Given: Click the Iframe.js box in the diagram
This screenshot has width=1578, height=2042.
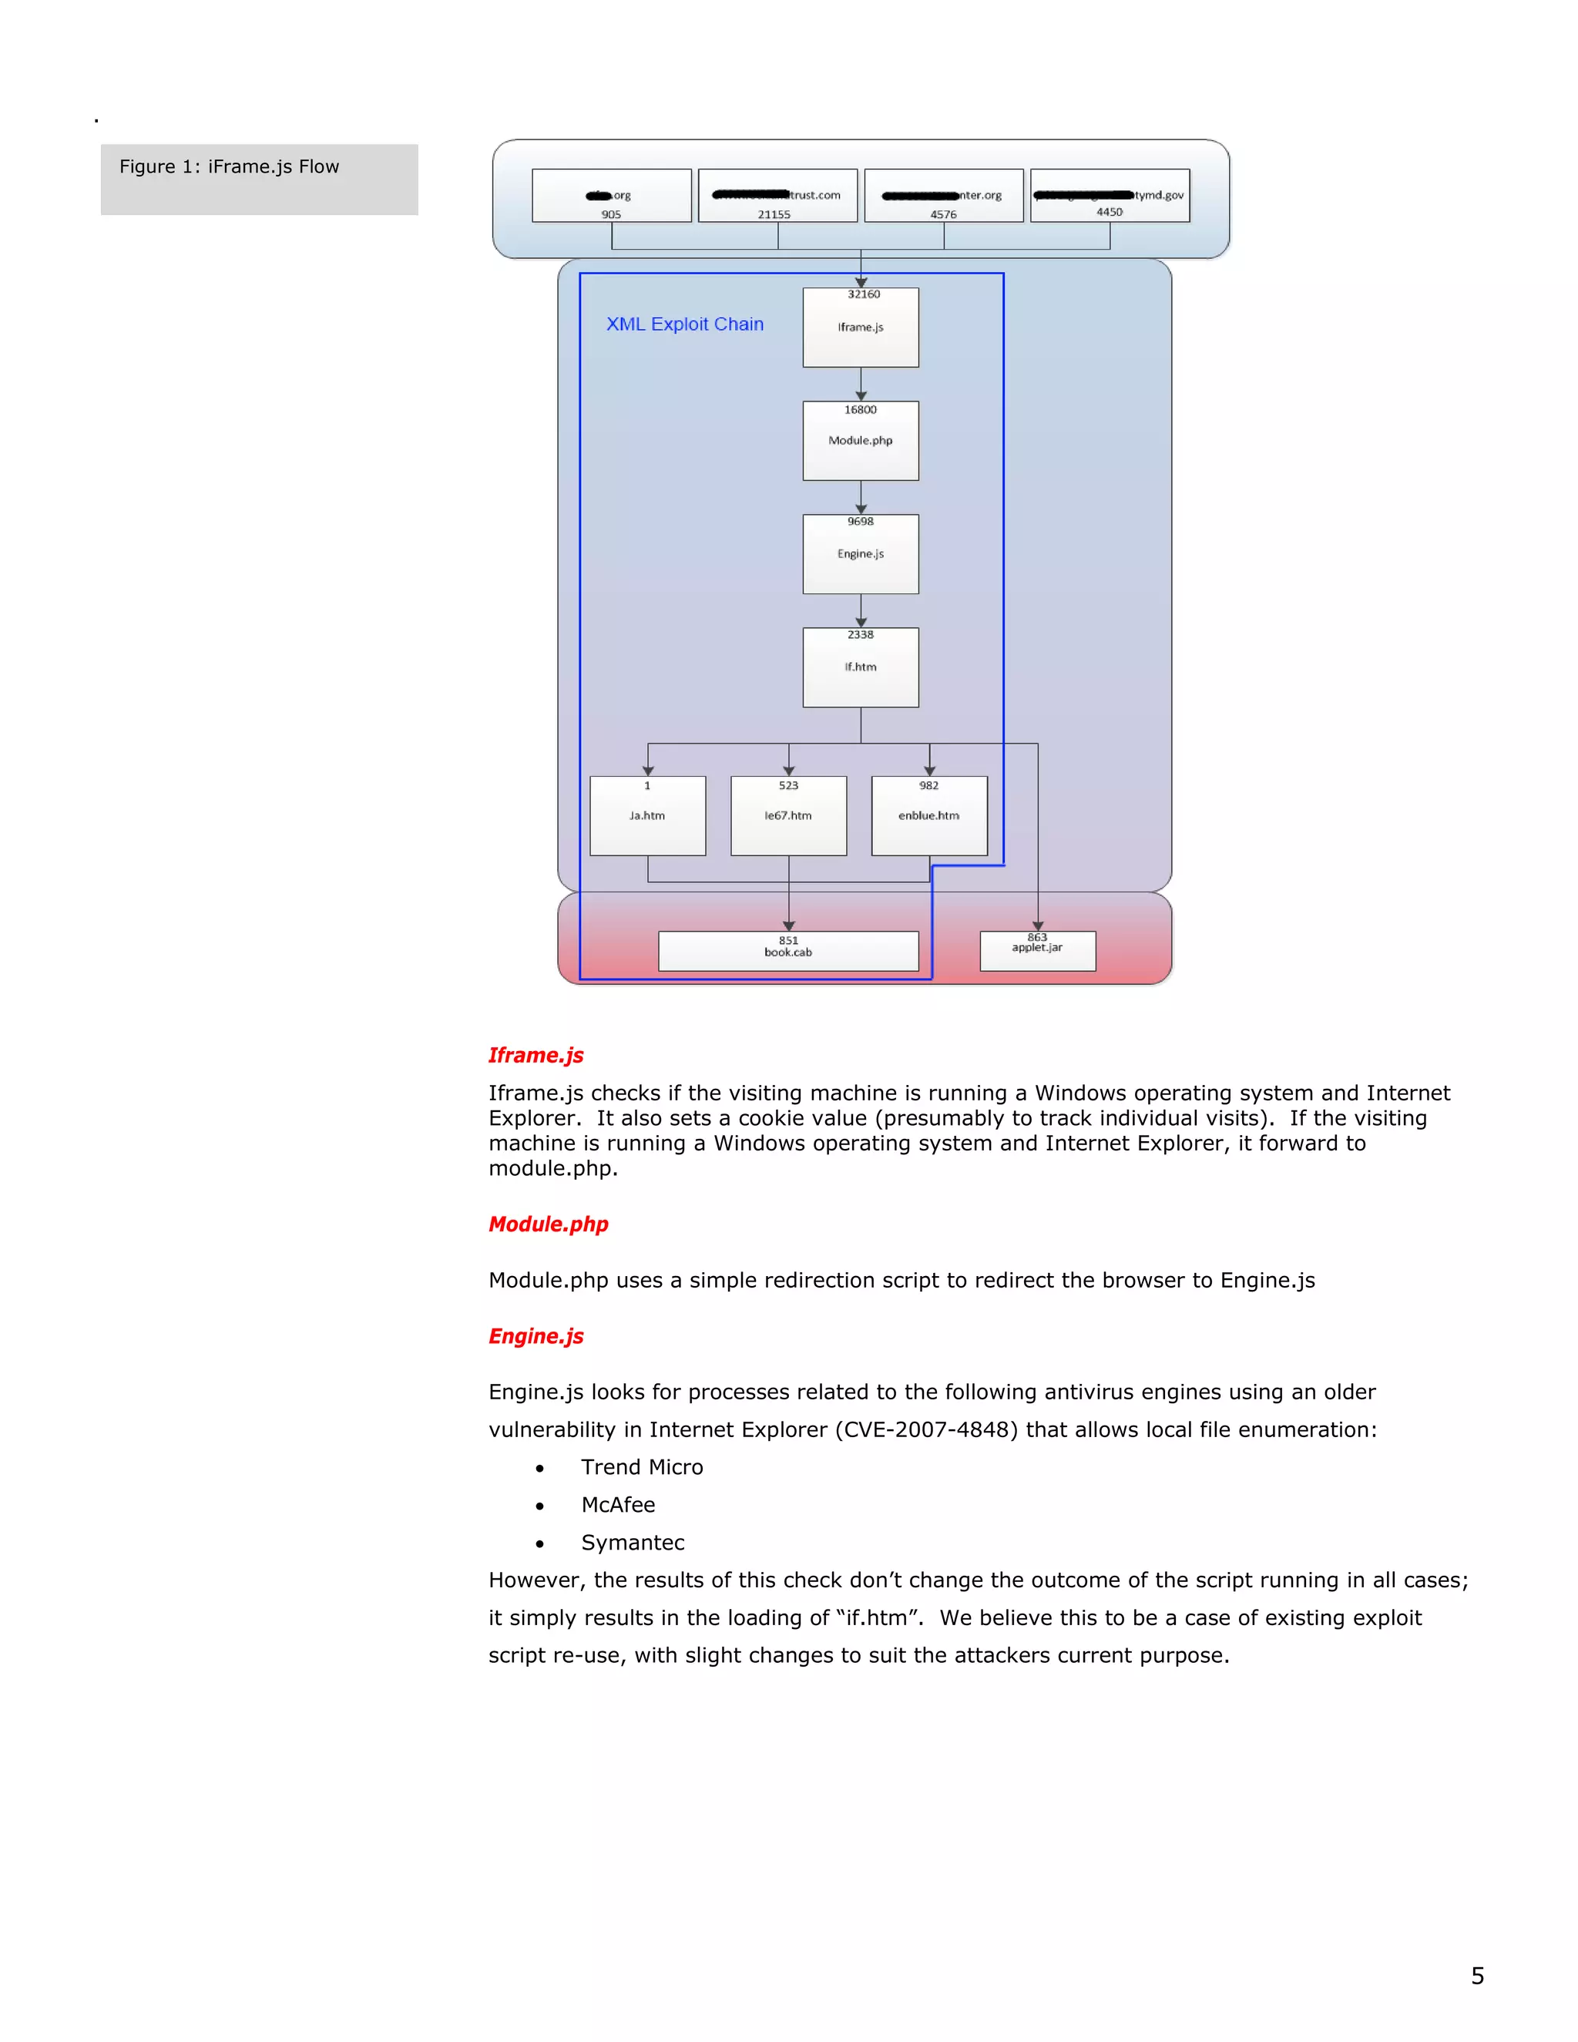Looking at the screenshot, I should [860, 328].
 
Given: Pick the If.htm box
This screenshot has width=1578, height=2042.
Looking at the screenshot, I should [860, 667].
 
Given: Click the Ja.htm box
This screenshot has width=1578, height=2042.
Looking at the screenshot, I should [647, 816].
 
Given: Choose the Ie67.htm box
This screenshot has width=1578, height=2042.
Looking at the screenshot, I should [788, 816].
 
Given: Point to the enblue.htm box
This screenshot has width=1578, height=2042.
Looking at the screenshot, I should [928, 816].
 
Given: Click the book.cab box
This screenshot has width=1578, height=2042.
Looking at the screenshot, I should [788, 952].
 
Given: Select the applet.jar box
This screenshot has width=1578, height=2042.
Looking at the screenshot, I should [1037, 951].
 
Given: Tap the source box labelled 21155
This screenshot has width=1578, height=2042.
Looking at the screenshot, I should [777, 196].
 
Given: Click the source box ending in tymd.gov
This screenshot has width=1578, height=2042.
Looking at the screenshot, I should [1110, 196].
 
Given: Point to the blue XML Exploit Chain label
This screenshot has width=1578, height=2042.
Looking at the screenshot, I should [684, 324].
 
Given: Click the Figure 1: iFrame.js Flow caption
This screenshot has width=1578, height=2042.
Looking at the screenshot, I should [229, 167].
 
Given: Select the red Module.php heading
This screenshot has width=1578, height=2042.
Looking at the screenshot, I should [548, 1224].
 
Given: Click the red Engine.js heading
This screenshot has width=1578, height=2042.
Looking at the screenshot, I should [536, 1336].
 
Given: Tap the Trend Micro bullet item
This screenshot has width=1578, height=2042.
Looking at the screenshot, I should [641, 1467].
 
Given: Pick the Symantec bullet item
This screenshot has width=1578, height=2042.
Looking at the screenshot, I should [633, 1543].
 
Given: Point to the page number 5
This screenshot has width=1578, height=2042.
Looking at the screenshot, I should [1477, 1976].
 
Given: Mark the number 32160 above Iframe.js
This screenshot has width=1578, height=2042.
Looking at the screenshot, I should [863, 294].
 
